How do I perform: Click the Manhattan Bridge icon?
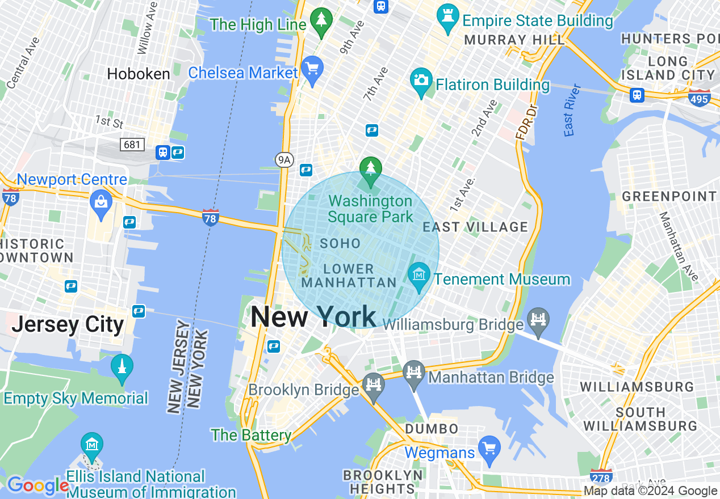pos(414,374)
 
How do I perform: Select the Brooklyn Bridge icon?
pos(373,387)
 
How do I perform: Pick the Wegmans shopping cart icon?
pos(489,448)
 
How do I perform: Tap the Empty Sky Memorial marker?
pos(122,369)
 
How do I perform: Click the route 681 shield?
pos(132,145)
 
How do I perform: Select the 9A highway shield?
pos(284,160)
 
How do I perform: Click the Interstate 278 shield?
pos(601,476)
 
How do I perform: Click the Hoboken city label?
pos(139,74)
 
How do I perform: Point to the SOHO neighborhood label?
pos(340,244)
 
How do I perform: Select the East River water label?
pos(572,111)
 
